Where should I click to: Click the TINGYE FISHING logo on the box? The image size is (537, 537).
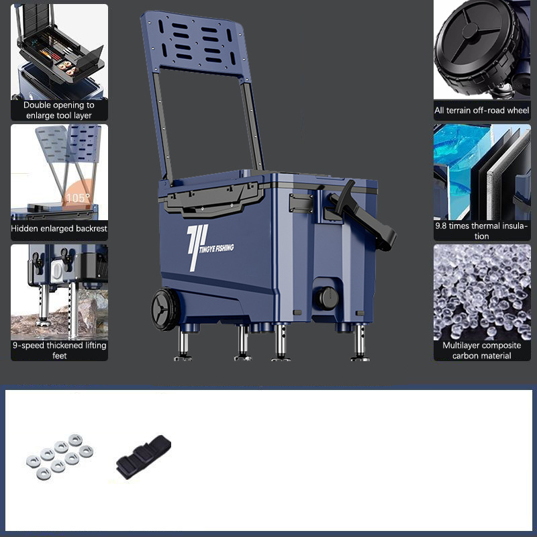pos(209,247)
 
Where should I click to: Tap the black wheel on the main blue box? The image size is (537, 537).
pos(166,309)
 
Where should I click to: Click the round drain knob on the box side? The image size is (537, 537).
pos(327,298)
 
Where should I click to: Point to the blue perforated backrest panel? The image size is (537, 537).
pos(195,43)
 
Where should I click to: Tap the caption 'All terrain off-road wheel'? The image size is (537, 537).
pos(482,110)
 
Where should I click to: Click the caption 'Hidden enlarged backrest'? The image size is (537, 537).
pos(59,228)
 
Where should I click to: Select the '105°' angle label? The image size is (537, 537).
pos(78,198)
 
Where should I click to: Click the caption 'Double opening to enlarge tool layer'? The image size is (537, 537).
pos(59,110)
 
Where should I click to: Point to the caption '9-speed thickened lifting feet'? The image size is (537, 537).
pos(59,350)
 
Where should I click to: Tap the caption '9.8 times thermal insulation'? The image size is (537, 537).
pos(481,231)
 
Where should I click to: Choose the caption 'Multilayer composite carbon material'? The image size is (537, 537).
pos(481,350)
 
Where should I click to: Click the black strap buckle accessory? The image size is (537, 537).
pos(144,456)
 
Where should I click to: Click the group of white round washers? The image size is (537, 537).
pos(60,456)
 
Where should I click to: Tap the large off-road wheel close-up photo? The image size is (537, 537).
pos(482,50)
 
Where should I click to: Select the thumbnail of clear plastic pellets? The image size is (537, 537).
pos(482,292)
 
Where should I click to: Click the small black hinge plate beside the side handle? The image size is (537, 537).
pos(301,203)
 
